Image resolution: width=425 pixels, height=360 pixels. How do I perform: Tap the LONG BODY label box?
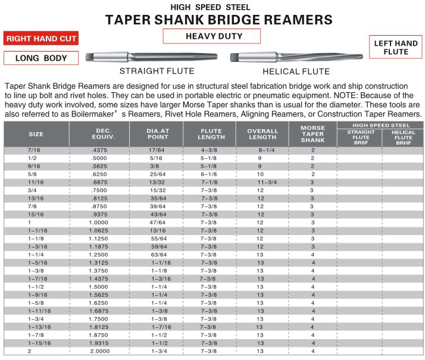pos(41,58)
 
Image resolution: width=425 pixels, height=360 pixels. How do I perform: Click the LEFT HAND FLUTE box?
pos(396,48)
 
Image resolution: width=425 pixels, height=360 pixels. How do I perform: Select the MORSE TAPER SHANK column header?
pos(312,133)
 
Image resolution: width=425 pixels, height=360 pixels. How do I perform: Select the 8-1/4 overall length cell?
pos(261,151)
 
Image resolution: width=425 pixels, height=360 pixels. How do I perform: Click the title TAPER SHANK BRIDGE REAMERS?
pos(219,20)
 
